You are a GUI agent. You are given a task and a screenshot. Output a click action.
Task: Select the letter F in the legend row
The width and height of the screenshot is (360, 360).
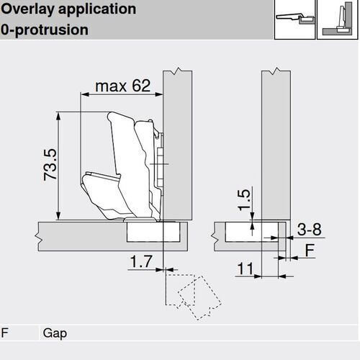click(6, 333)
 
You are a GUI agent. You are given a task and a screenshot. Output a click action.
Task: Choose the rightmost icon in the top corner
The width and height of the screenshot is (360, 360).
click(337, 20)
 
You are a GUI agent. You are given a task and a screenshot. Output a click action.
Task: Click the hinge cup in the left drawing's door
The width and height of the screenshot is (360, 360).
click(152, 232)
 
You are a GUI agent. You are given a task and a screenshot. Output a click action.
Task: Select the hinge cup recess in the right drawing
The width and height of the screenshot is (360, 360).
click(248, 232)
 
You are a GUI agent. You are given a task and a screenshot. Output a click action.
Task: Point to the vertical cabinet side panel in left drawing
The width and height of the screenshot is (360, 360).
click(177, 144)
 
